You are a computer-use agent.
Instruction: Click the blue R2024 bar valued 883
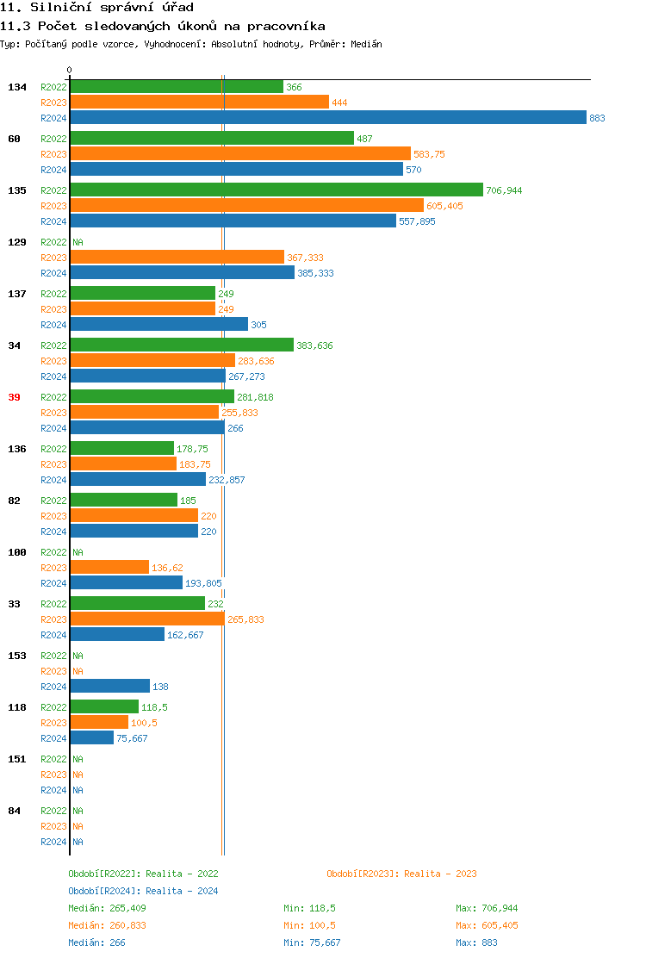point(327,118)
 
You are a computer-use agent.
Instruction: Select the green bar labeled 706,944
point(276,190)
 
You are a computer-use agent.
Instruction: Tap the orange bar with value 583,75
point(239,154)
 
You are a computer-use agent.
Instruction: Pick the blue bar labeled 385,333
point(182,273)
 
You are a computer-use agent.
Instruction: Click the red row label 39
point(14,397)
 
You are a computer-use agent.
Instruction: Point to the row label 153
point(16,656)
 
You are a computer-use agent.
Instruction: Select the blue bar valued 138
point(109,687)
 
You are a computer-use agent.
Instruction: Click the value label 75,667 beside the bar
point(132,738)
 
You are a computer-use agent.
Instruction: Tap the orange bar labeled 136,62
point(109,568)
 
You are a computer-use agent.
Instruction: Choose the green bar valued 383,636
point(181,345)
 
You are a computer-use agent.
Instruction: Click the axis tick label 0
point(70,70)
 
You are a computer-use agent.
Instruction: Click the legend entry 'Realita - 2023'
point(401,874)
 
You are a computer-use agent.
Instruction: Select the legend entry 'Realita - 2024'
point(143,891)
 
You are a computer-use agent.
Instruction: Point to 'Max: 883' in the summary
point(476,942)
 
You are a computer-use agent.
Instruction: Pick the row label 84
point(14,811)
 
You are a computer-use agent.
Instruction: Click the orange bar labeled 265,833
point(146,619)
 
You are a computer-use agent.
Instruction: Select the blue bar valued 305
point(158,325)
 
